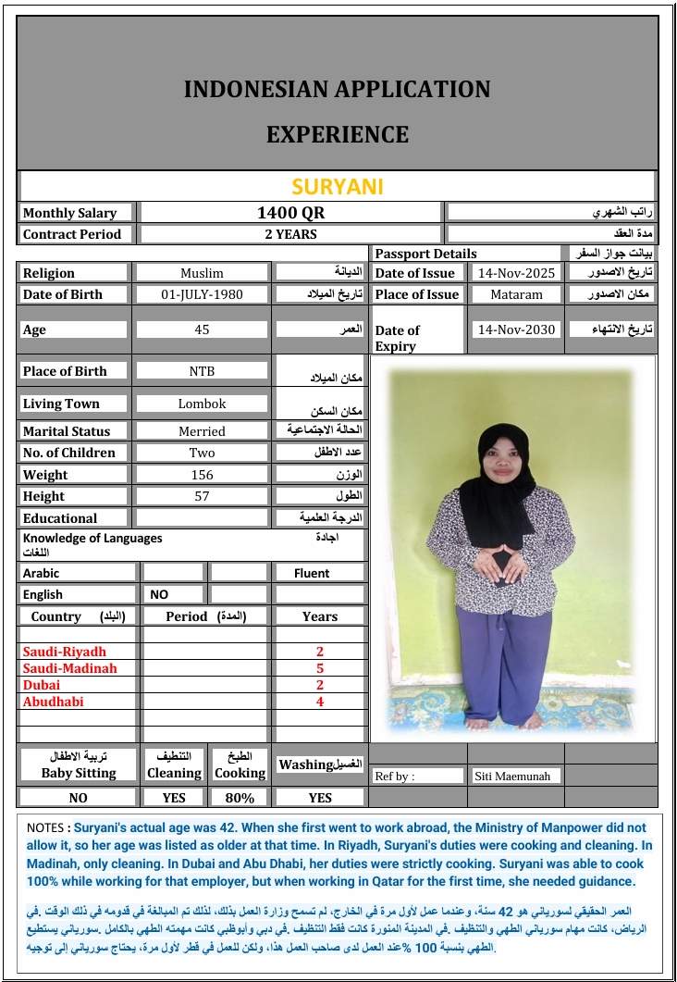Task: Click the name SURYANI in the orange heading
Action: [x=337, y=186]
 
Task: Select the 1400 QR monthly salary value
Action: [x=290, y=213]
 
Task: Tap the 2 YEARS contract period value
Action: [x=290, y=234]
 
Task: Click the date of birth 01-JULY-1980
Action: [x=202, y=294]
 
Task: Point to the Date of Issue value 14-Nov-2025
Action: [x=516, y=273]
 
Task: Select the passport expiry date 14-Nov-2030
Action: [x=516, y=329]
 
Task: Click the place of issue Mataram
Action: [x=516, y=294]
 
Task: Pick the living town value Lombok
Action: [x=202, y=404]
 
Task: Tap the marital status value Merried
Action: [x=202, y=431]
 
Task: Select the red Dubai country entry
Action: [x=42, y=685]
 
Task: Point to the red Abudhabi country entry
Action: [x=53, y=702]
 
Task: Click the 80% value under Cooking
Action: [x=240, y=797]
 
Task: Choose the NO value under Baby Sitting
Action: [x=79, y=797]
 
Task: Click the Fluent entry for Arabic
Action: [x=312, y=573]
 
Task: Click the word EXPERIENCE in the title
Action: [x=337, y=134]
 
